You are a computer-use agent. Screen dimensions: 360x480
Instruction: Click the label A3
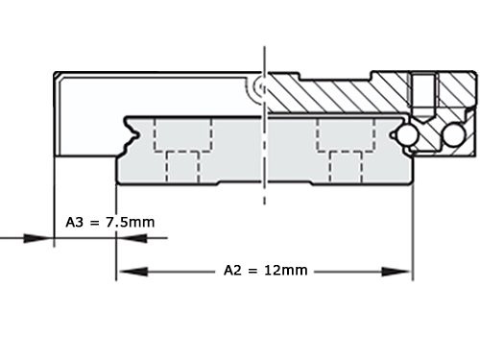pyautogui.click(x=76, y=222)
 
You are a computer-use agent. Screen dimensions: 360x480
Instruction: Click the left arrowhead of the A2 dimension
pyautogui.click(x=124, y=271)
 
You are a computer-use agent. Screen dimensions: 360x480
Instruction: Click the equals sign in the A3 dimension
pyautogui.click(x=97, y=222)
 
